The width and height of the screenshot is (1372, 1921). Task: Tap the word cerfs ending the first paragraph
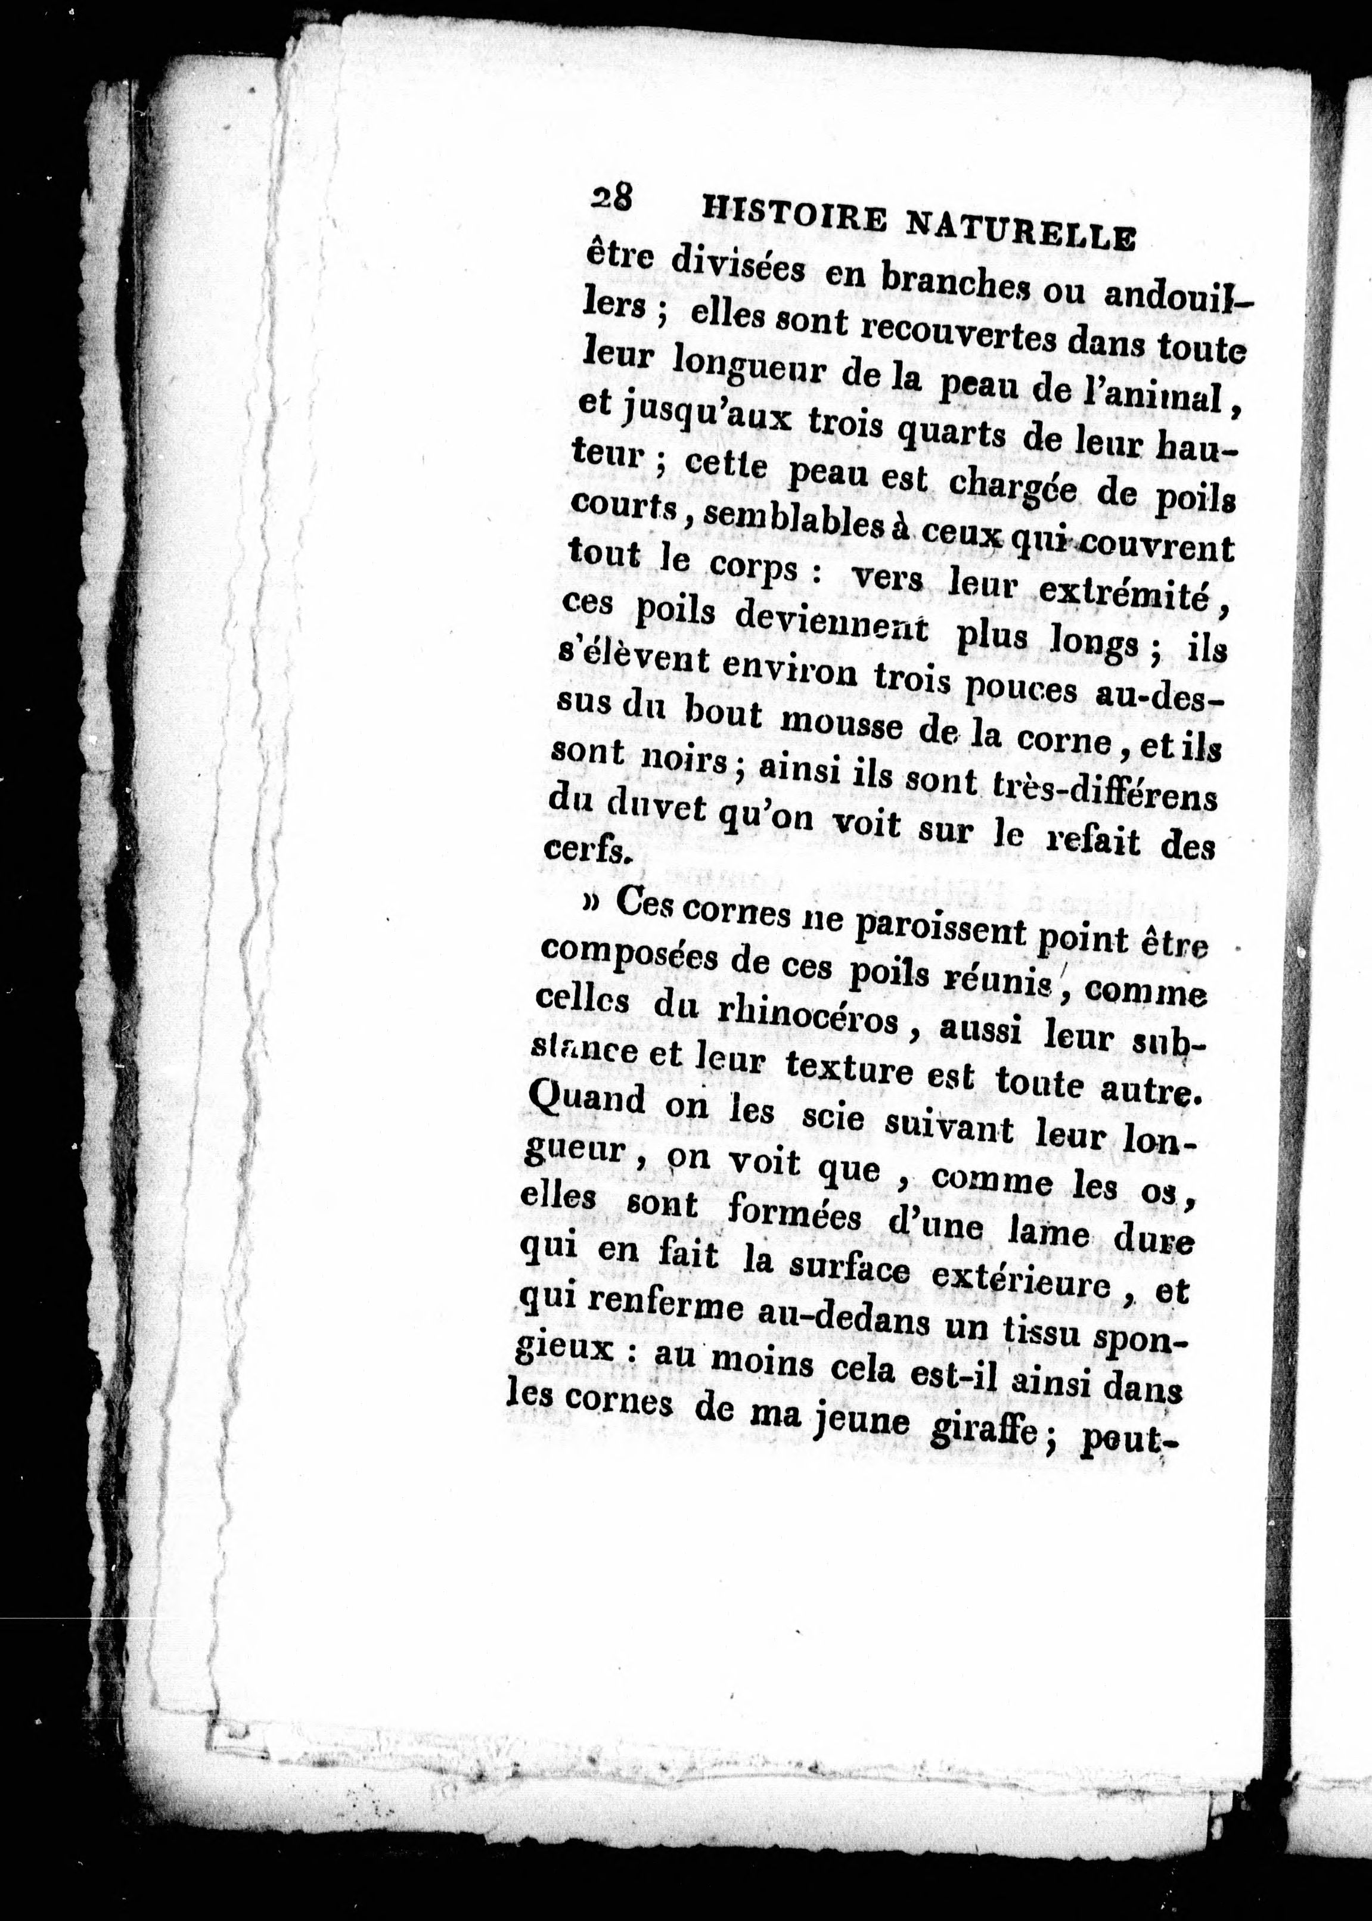coord(585,850)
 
